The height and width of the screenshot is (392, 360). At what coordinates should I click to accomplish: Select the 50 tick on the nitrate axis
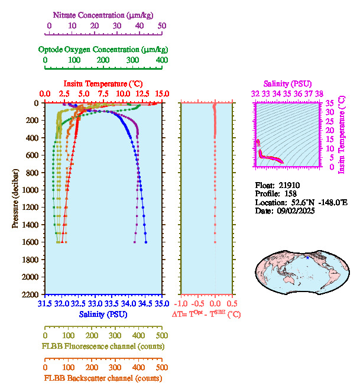[x=162, y=26]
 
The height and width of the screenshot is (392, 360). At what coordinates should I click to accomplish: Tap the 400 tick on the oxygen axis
[x=161, y=60]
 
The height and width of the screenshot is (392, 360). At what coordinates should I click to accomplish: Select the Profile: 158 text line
[x=275, y=193]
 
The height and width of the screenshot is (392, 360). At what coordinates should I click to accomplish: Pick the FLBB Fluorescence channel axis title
[x=103, y=346]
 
